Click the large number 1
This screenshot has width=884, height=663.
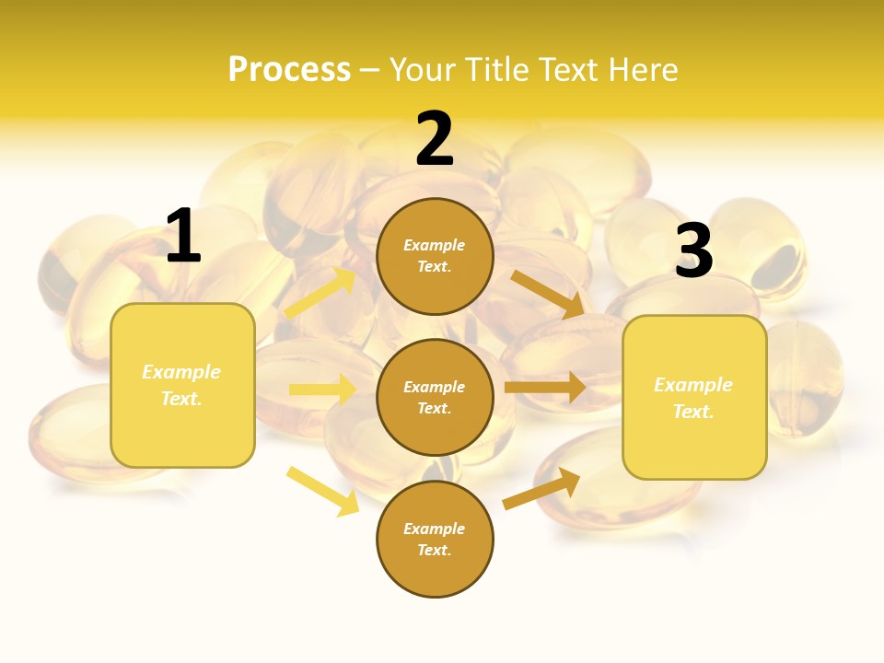click(183, 237)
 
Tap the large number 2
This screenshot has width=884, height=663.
click(435, 140)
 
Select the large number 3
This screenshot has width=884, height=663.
click(694, 251)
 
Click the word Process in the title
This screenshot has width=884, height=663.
click(289, 70)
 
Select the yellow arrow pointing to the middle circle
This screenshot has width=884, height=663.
click(323, 390)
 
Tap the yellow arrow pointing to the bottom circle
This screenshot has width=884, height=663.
click(323, 491)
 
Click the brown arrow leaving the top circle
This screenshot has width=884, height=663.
click(549, 294)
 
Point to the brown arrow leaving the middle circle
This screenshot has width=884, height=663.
click(545, 386)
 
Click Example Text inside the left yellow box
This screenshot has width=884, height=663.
click(182, 385)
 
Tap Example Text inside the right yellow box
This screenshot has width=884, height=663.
click(693, 398)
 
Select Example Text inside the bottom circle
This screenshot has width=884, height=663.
click(435, 540)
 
